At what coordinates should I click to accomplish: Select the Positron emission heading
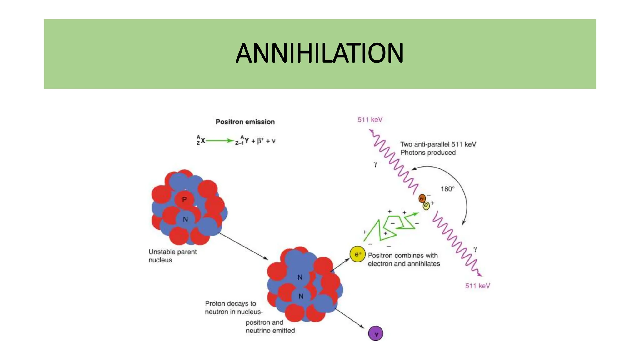coord(245,122)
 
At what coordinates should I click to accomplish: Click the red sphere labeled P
coord(184,199)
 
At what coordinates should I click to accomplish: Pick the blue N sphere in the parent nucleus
coord(185,219)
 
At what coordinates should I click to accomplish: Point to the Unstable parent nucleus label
coord(172,256)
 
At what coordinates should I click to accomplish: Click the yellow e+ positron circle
coord(357,254)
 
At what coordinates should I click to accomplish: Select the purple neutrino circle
coord(376,333)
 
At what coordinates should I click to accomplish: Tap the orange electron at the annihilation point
coord(422,198)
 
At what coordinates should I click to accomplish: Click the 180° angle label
coord(447,189)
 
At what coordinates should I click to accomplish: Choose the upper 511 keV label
coord(370,120)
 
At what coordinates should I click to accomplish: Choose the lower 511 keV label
coord(477,286)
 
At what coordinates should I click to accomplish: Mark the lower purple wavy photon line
coord(456,243)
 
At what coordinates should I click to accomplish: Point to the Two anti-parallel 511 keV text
coord(438,148)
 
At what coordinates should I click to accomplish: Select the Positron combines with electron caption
coord(404,260)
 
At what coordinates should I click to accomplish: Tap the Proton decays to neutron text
coord(234,307)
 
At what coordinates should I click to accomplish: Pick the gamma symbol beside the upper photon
coord(375,164)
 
